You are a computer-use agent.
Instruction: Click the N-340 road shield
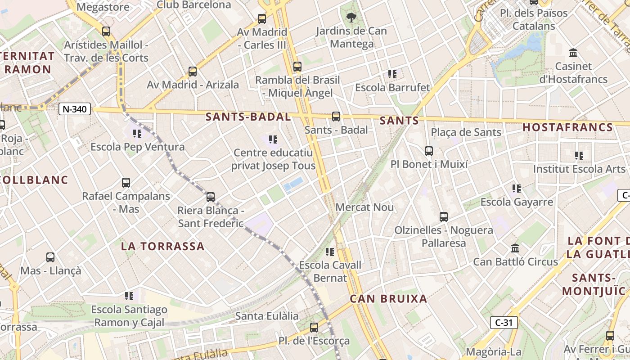click(75, 109)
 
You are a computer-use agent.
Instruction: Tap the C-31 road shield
click(504, 322)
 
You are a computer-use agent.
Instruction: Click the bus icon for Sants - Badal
click(336, 117)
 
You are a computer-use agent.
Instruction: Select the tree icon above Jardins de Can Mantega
click(351, 18)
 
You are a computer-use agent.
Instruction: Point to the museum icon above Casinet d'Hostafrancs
click(573, 53)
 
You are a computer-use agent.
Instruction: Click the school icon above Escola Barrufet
click(392, 74)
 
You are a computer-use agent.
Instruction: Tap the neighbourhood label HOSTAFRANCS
click(567, 127)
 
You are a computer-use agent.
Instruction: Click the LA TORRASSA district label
click(162, 246)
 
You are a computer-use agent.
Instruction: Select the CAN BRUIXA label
click(388, 299)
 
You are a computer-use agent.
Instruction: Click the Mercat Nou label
click(364, 207)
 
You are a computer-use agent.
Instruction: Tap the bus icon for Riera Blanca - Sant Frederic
click(211, 197)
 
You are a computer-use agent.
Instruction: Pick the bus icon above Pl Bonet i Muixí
click(429, 151)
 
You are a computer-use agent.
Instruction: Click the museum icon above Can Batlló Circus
click(515, 248)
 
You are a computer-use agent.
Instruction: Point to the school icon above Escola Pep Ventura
click(137, 134)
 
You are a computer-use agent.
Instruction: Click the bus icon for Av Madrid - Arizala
click(193, 72)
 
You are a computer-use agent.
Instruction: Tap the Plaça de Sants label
click(466, 132)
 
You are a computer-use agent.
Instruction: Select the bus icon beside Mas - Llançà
click(50, 257)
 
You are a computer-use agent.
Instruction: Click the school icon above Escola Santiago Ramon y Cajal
click(130, 296)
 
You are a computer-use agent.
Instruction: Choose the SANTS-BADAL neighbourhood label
click(248, 117)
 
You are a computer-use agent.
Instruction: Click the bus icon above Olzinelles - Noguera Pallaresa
click(444, 217)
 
